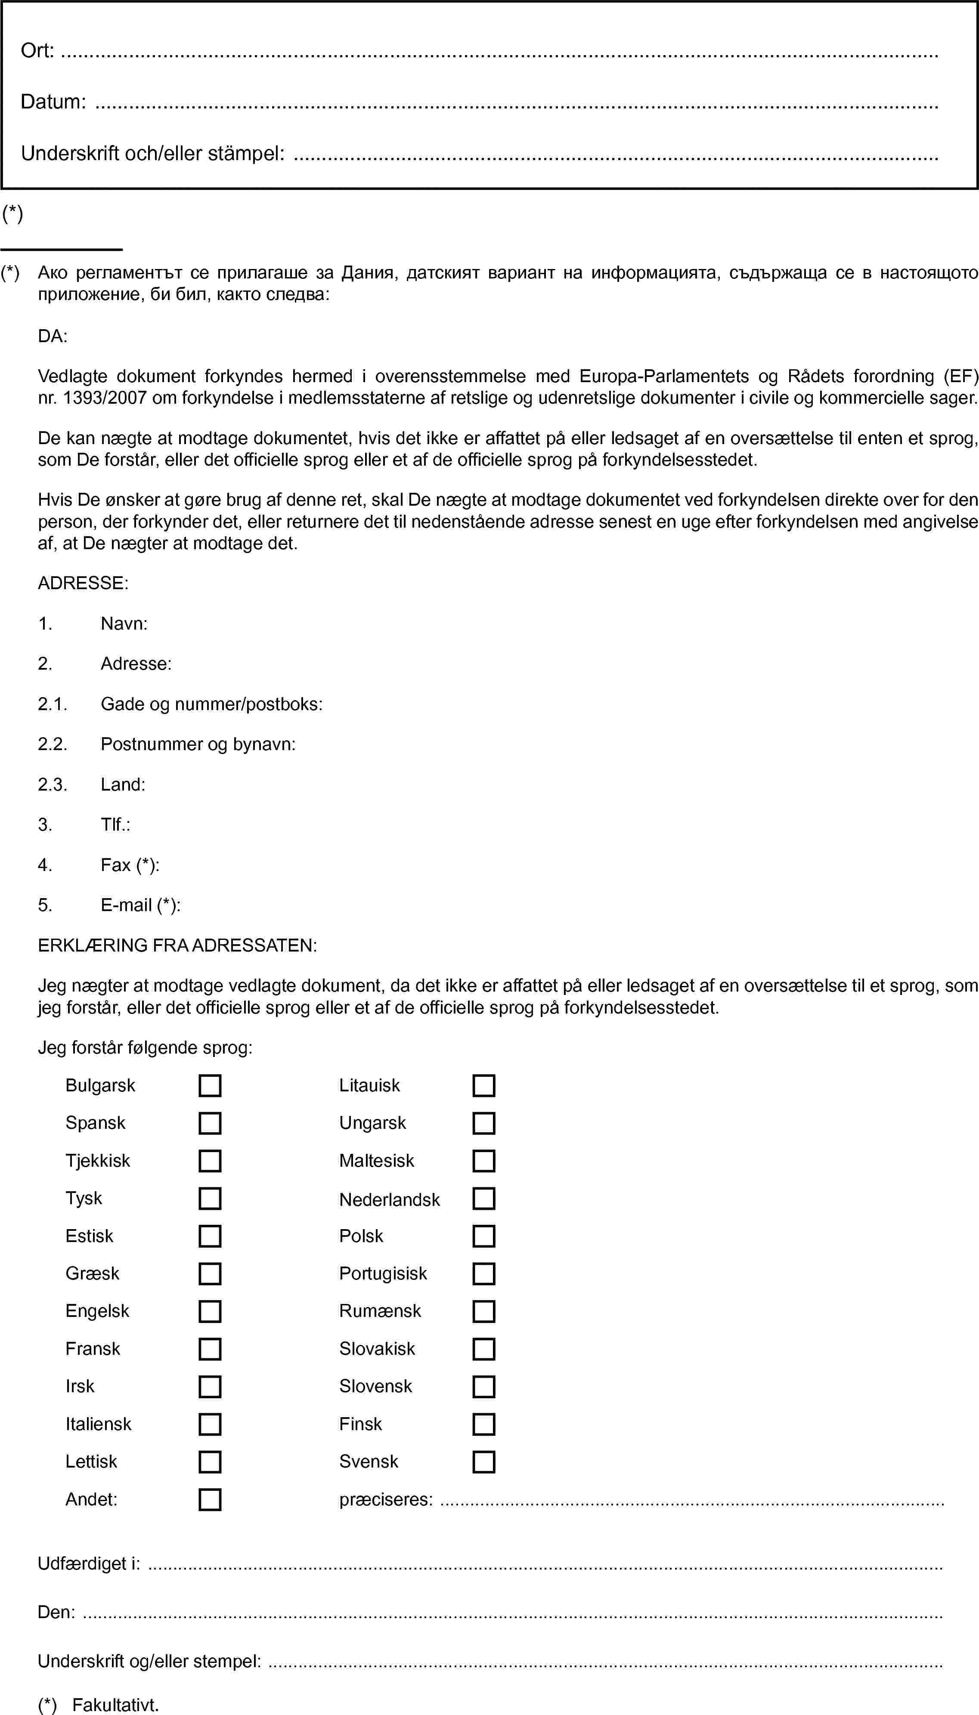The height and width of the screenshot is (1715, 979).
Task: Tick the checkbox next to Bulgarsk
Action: point(210,1085)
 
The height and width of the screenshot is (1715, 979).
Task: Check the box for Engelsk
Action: point(210,1311)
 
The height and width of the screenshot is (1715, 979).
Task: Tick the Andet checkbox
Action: point(210,1499)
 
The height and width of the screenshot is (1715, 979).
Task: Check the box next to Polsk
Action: point(483,1236)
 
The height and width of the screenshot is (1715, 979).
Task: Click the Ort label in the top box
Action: point(37,50)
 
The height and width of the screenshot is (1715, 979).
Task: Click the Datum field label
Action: point(53,102)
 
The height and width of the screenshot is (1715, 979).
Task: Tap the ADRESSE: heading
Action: point(83,583)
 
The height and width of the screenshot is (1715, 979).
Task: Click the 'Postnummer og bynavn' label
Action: point(198,744)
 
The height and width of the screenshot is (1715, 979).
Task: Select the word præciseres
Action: point(386,1499)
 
